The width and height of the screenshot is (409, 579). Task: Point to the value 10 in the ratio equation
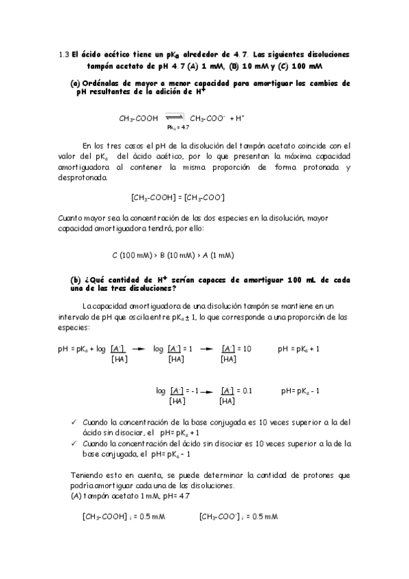247,348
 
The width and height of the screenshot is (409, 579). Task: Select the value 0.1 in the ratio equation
247,391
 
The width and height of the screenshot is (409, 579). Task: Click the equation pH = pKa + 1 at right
299,348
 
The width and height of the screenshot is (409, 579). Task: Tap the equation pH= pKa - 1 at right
301,391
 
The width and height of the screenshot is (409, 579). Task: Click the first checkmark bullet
74,422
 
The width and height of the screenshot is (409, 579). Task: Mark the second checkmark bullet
74,442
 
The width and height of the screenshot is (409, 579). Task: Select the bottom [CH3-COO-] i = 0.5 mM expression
238,516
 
